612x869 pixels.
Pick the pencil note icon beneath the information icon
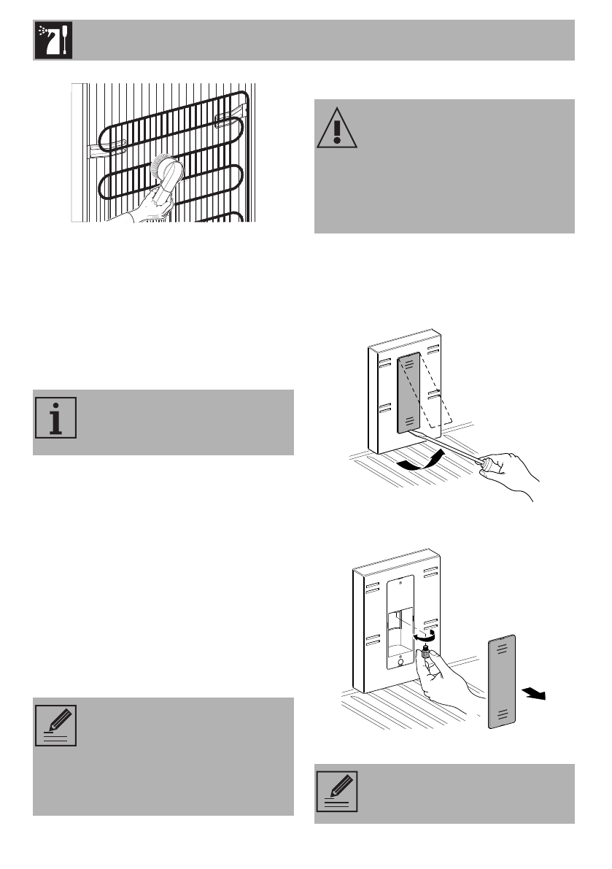click(x=55, y=725)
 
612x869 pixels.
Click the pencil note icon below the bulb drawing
click(x=336, y=792)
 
